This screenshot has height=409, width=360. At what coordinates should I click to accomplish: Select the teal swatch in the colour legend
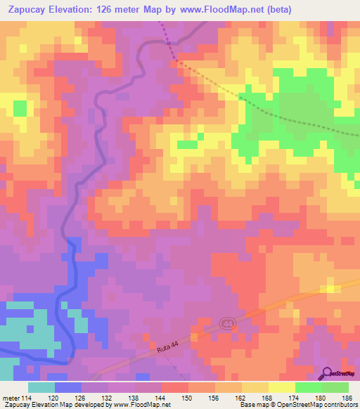click(x=41, y=387)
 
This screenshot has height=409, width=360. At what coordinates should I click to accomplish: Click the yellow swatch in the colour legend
click(x=281, y=387)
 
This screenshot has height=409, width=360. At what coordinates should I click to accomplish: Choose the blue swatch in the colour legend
click(x=68, y=387)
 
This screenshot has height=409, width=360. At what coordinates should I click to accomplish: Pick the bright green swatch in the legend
click(x=308, y=387)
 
